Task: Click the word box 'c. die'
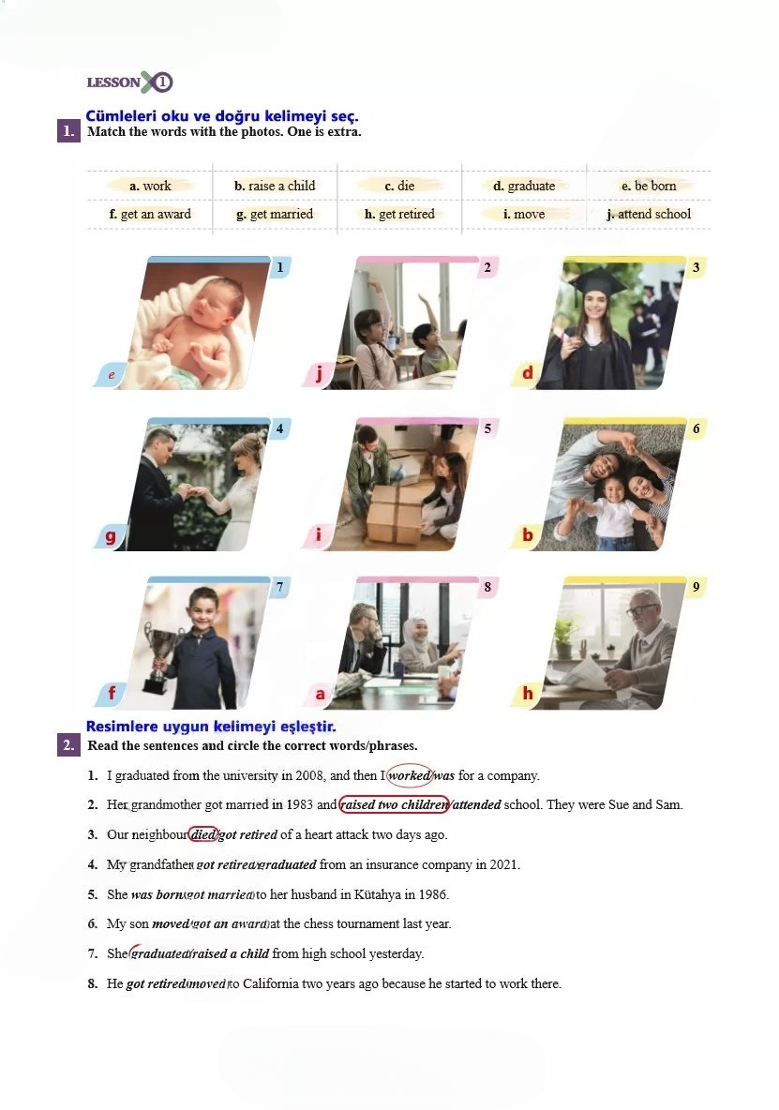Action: pyautogui.click(x=399, y=186)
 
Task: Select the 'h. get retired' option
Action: pyautogui.click(x=399, y=214)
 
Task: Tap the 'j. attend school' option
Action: pyautogui.click(x=648, y=214)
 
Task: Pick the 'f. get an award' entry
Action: pyautogui.click(x=150, y=214)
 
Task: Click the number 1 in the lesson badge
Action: pyautogui.click(x=162, y=82)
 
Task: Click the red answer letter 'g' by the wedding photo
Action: pyautogui.click(x=110, y=536)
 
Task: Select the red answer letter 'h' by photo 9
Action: pyautogui.click(x=528, y=693)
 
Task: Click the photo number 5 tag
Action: pyautogui.click(x=487, y=428)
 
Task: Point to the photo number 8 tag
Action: pyautogui.click(x=487, y=587)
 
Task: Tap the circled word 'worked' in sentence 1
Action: pyautogui.click(x=410, y=775)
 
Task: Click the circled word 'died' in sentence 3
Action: pyautogui.click(x=203, y=834)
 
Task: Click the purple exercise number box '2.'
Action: pyautogui.click(x=68, y=744)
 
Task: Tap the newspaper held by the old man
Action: pyautogui.click(x=587, y=672)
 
